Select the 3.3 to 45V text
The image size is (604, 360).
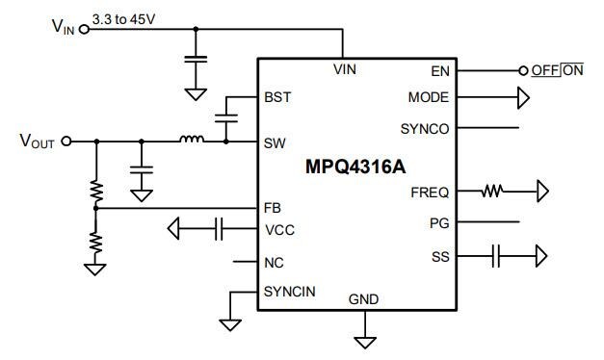tap(123, 18)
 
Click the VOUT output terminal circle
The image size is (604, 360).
tap(66, 141)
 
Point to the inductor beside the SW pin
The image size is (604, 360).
tap(191, 141)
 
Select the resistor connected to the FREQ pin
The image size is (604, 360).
tap(493, 192)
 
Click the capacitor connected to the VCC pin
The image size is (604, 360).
tap(219, 229)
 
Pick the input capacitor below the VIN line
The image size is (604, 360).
tap(196, 62)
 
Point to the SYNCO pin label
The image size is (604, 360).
tap(425, 128)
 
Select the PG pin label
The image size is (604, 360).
tap(439, 223)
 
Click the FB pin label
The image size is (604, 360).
tap(274, 207)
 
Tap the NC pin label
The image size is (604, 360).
tap(274, 261)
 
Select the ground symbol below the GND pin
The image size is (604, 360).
tap(365, 340)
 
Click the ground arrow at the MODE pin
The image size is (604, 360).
tap(523, 97)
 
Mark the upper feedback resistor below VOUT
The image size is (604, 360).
tap(95, 190)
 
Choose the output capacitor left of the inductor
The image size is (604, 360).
tap(142, 169)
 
